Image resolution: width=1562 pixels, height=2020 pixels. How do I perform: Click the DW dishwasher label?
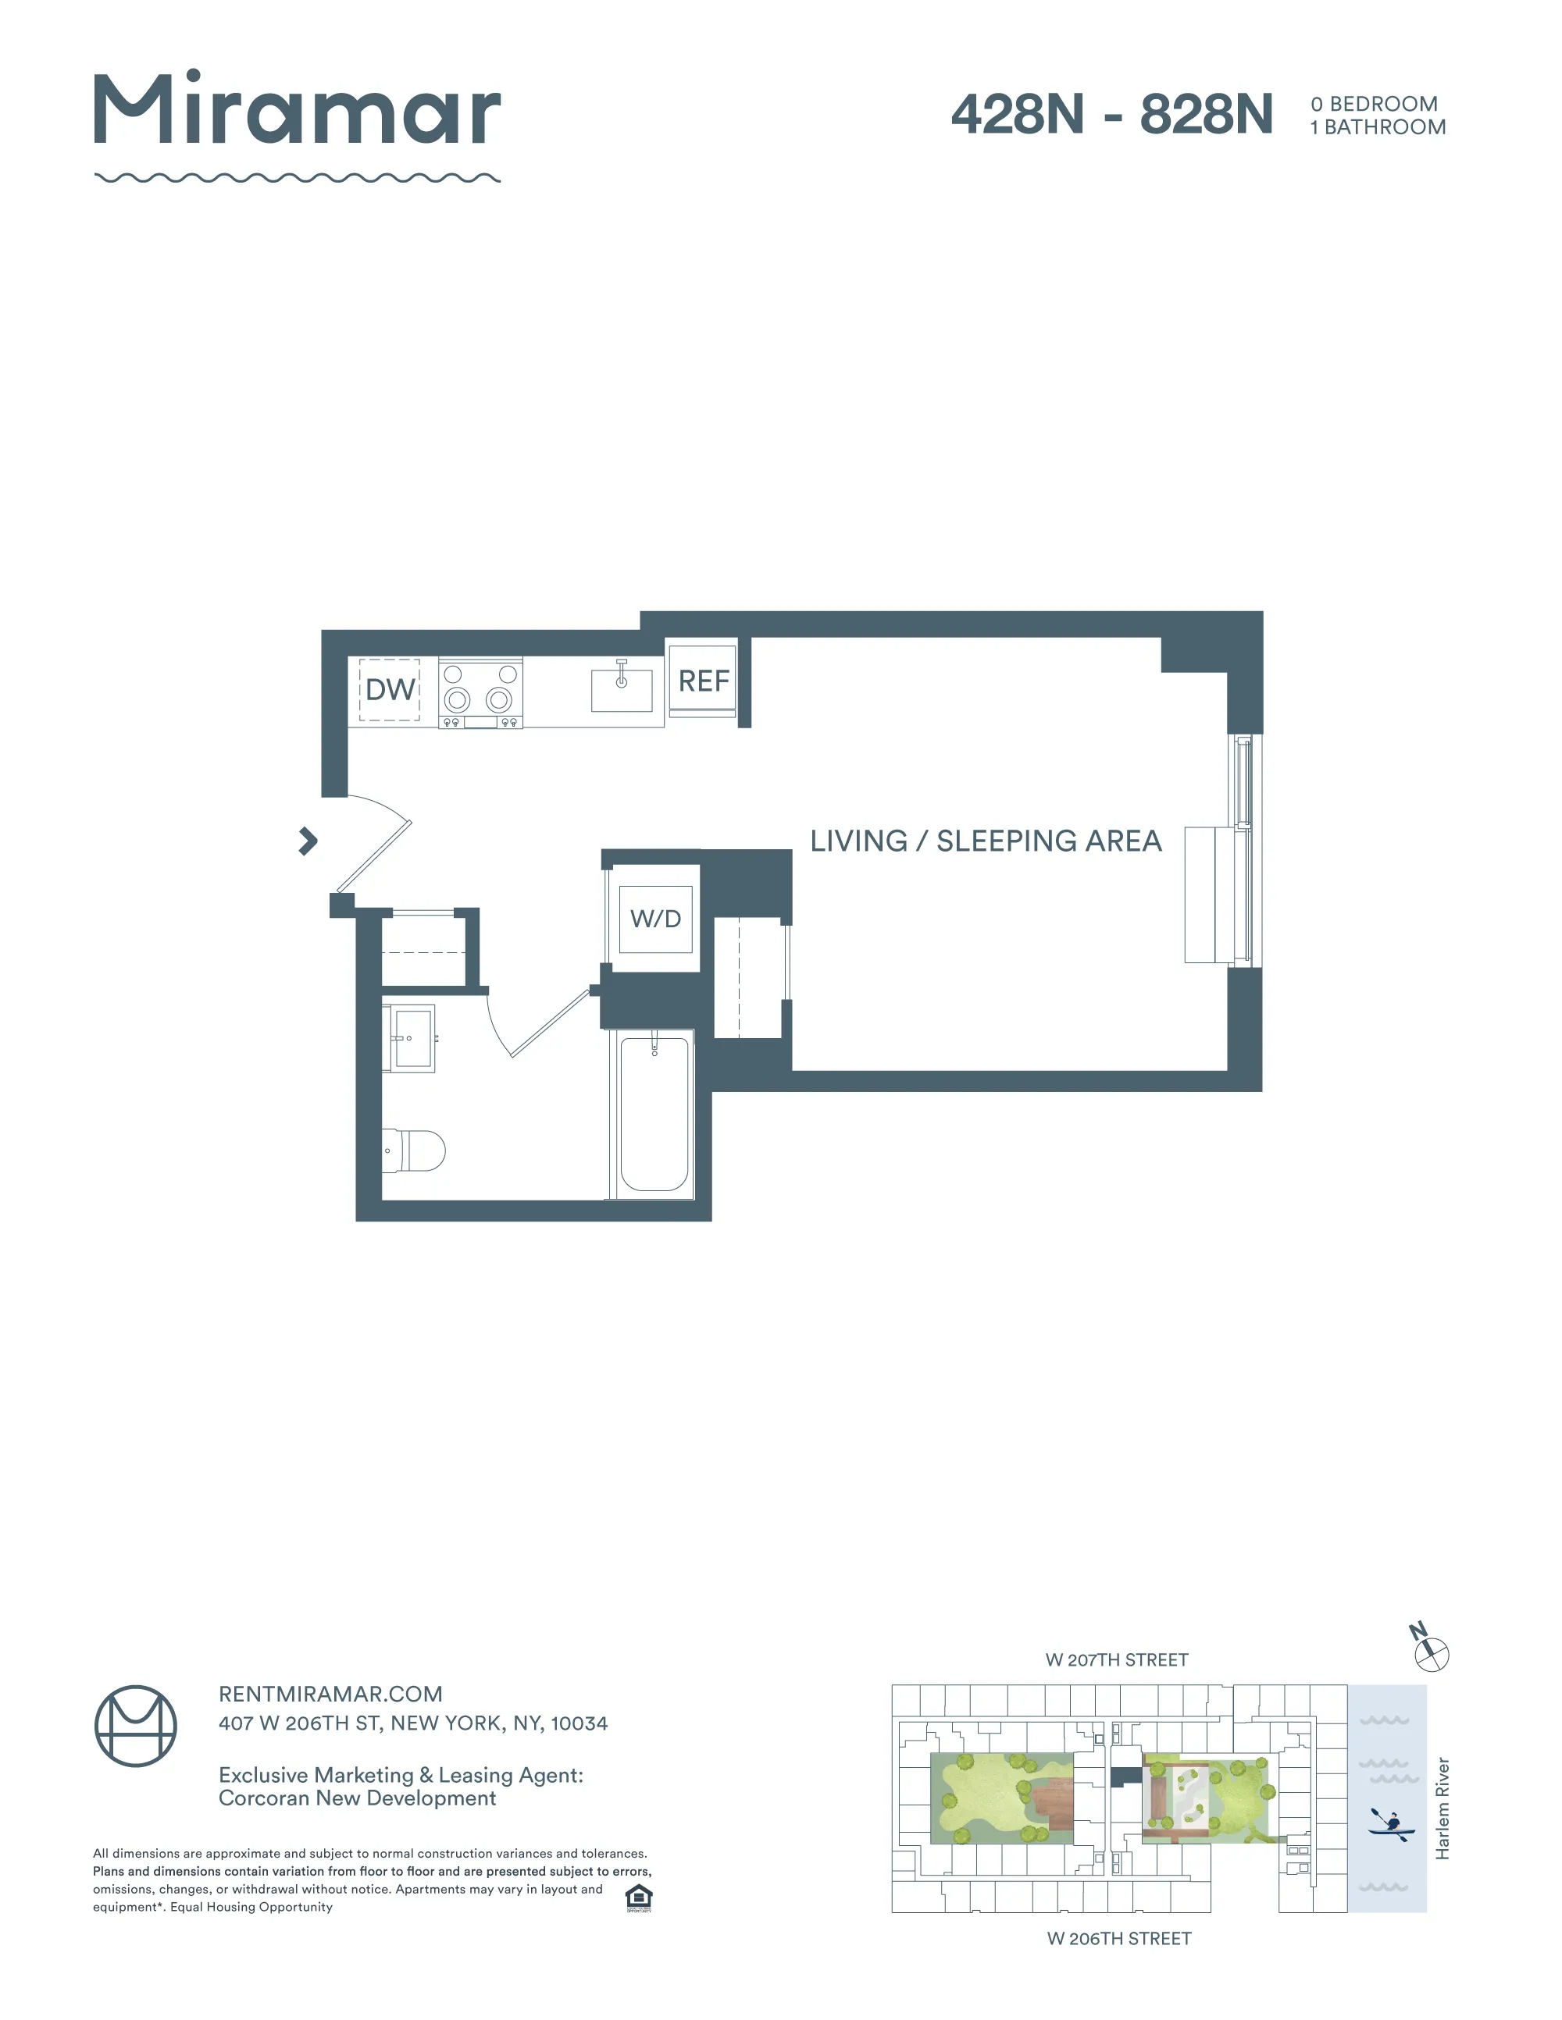(390, 689)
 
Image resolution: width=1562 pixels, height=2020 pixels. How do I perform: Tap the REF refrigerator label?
(703, 681)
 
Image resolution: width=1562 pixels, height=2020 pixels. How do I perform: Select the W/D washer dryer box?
(655, 919)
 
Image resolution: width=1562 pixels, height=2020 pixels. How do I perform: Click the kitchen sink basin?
(621, 689)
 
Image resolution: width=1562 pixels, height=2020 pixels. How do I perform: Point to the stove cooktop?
(480, 694)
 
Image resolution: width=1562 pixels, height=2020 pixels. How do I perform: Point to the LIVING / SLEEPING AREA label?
(986, 841)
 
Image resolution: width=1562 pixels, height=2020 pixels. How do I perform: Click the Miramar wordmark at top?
(297, 110)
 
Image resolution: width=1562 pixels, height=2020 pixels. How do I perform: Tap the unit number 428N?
(1017, 115)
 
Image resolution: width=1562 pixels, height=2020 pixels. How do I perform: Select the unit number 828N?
(1206, 115)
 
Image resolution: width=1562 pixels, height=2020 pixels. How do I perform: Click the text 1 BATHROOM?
(1377, 128)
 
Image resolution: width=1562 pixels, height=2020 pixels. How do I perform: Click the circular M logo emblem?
(136, 1726)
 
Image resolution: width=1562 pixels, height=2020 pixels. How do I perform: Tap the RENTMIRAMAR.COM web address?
(330, 1695)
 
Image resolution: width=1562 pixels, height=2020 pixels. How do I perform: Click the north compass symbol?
(1431, 1654)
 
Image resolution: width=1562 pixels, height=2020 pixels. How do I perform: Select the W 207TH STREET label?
(1116, 1660)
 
